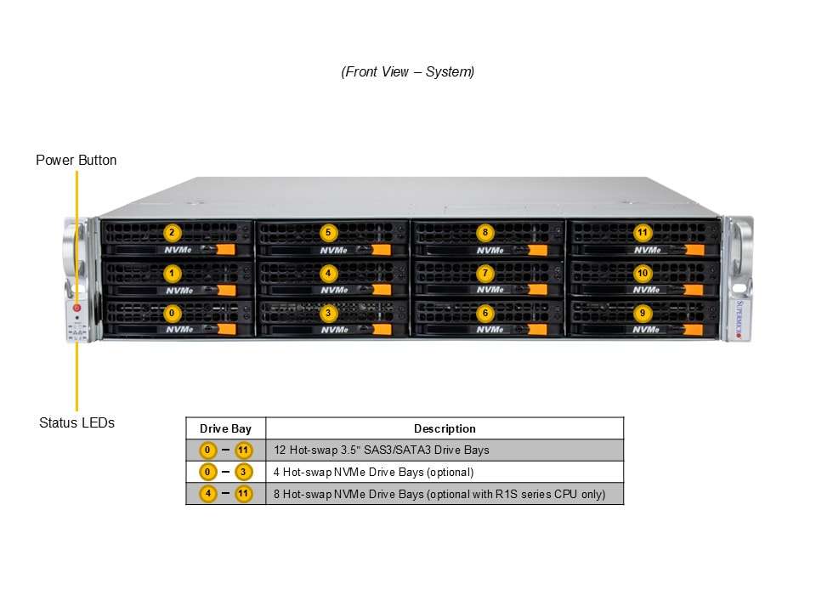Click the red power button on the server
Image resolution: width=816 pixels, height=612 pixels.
(77, 308)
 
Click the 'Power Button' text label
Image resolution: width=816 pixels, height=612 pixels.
(76, 161)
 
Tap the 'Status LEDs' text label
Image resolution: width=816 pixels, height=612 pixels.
(77, 422)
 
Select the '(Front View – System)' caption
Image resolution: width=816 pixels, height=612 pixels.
(407, 71)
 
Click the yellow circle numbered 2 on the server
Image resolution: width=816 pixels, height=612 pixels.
(173, 233)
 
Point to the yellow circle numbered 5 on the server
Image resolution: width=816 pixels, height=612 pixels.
(328, 233)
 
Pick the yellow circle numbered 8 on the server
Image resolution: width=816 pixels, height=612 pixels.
(485, 232)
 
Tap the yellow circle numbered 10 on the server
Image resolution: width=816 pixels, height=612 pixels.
(643, 273)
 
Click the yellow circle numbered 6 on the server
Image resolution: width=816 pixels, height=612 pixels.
(485, 313)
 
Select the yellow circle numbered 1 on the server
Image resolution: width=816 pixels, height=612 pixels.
(173, 273)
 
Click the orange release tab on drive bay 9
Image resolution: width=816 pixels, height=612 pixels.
(694, 330)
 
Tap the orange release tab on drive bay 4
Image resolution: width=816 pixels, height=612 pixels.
(382, 289)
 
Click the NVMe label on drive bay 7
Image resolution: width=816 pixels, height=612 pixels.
(490, 289)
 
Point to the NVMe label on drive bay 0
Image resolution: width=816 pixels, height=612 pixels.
(179, 330)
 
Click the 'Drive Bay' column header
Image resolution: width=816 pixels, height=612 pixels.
(225, 428)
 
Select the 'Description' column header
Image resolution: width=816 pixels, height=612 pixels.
(445, 428)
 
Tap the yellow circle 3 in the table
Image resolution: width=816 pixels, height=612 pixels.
(243, 472)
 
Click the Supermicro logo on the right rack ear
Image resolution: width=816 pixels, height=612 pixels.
(740, 319)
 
